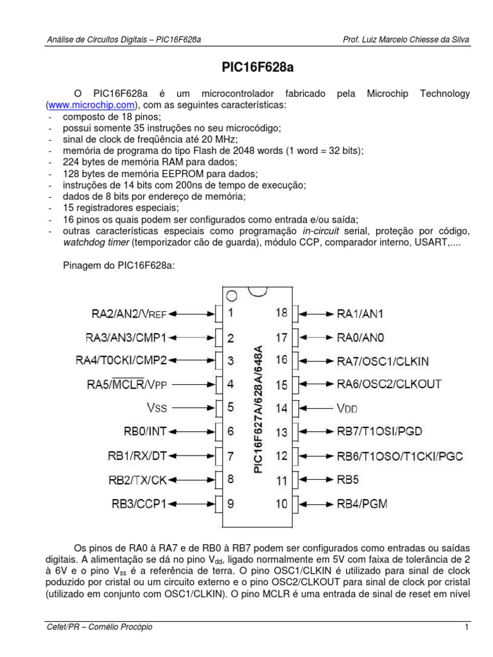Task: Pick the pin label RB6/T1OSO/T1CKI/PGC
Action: point(400,456)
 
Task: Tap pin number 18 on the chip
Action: point(281,313)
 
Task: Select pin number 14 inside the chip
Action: point(281,407)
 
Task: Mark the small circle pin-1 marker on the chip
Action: point(232,296)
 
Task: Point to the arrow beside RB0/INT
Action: point(193,432)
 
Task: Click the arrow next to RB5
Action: point(316,479)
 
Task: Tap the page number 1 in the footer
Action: point(467,627)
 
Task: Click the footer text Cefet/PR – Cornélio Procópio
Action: point(100,627)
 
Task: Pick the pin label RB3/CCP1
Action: point(139,504)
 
